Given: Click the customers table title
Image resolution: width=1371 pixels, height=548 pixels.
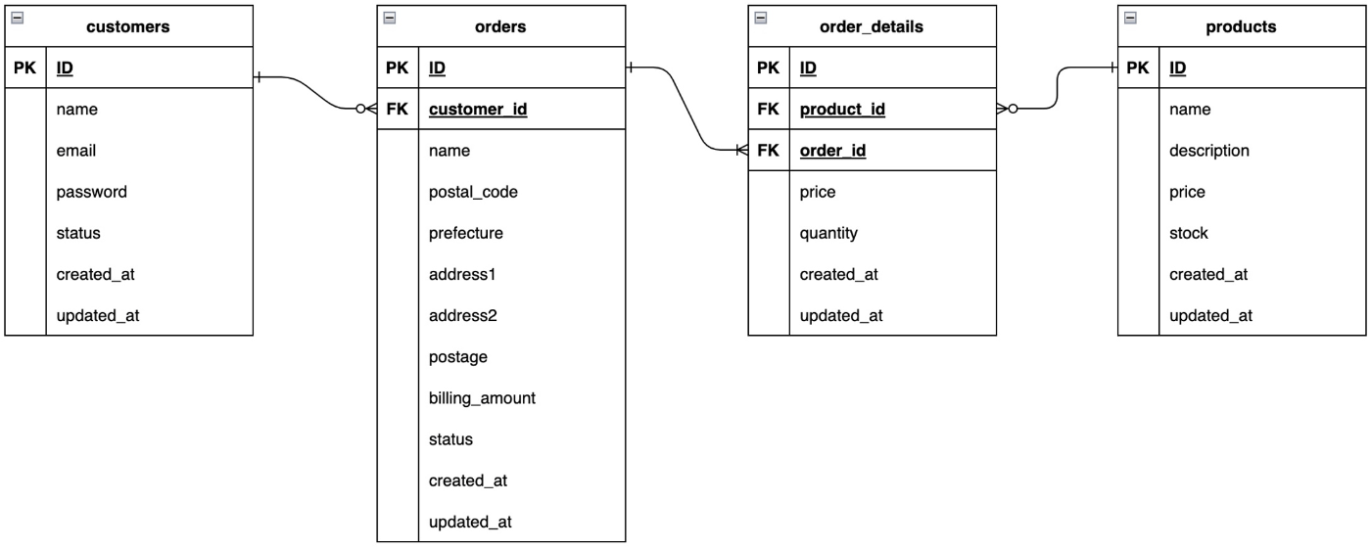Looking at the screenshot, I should coord(128,27).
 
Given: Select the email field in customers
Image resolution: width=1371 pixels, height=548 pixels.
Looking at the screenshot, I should coord(75,151).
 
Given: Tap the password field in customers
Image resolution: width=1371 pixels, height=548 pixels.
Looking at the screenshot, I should coord(91,192).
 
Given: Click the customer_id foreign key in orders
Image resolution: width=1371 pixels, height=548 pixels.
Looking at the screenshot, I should coord(478,110).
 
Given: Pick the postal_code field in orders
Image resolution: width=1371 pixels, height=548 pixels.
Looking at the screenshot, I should coord(473,192).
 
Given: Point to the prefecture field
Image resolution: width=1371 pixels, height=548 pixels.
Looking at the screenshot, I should coord(465,233).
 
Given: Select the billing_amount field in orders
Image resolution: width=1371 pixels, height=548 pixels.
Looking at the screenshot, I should coord(482,398).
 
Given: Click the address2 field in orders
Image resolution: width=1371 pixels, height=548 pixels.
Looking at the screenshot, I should coord(462,316).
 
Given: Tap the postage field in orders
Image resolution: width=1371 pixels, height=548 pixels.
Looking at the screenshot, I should coord(457,357).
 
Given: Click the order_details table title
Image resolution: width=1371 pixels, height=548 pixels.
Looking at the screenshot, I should coord(872,27).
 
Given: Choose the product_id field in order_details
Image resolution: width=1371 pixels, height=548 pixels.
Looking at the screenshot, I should coord(842,110).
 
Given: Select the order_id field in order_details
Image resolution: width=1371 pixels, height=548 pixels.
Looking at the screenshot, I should coord(833,151).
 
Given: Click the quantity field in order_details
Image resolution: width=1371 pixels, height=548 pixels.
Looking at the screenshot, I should coord(828,233).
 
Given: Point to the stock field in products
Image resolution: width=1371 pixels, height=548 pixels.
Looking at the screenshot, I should coord(1188,233).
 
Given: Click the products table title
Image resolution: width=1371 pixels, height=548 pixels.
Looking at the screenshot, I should coord(1241,27).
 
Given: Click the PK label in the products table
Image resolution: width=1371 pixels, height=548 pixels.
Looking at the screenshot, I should coord(1138,68).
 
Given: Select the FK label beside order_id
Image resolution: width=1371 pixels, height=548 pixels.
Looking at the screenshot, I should coord(769,151).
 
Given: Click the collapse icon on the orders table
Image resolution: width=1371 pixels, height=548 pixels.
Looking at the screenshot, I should coord(389,18).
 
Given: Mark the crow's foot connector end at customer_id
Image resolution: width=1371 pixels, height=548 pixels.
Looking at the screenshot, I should coord(367,110).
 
